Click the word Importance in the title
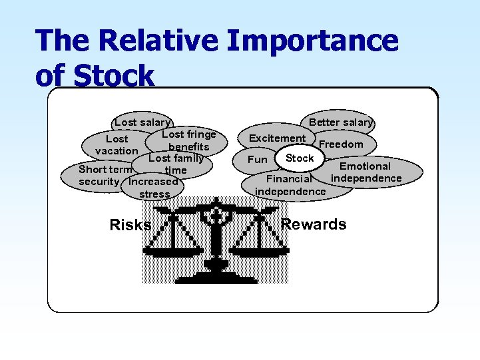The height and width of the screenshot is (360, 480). pyautogui.click(x=312, y=41)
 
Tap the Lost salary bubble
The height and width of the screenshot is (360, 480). pyautogui.click(x=142, y=122)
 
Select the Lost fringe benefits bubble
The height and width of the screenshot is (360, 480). pyautogui.click(x=189, y=140)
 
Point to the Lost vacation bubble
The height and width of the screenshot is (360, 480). pyautogui.click(x=117, y=145)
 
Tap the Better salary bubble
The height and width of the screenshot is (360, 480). pyautogui.click(x=341, y=122)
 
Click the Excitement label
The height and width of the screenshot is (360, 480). pyautogui.click(x=277, y=138)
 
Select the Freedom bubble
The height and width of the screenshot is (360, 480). pyautogui.click(x=342, y=144)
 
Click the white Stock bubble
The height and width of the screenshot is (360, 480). pyautogui.click(x=299, y=158)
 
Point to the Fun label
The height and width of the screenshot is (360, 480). pyautogui.click(x=257, y=160)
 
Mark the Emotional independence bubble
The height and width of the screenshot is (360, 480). pyautogui.click(x=366, y=172)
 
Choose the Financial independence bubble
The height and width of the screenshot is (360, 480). pyautogui.click(x=290, y=185)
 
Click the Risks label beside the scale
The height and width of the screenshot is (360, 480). pyautogui.click(x=130, y=225)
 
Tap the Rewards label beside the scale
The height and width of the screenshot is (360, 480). pyautogui.click(x=314, y=224)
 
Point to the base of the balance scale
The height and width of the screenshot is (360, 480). pyautogui.click(x=214, y=268)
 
